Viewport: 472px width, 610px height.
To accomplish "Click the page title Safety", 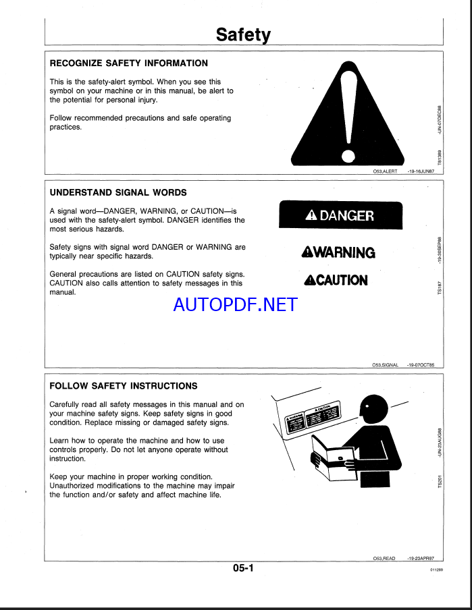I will tap(243, 34).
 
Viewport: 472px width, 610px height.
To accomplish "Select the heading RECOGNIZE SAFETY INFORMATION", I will tap(129, 63).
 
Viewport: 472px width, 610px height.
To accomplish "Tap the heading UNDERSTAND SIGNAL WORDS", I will tap(119, 193).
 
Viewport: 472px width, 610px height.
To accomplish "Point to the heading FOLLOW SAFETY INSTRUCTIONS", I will tap(124, 386).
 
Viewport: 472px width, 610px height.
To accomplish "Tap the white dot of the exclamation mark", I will tap(348, 157).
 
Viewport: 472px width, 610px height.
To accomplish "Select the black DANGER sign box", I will tap(340, 216).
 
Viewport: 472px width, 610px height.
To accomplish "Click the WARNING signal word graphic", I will tap(338, 252).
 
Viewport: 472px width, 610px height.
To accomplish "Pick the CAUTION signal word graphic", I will tap(336, 280).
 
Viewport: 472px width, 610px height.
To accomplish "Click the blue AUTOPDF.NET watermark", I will tap(235, 304).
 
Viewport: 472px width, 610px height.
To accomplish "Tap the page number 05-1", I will tap(243, 568).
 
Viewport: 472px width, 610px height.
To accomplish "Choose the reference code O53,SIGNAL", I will tap(386, 364).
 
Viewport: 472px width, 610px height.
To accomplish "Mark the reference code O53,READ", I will tap(384, 558).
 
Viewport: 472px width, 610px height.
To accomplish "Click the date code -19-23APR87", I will tap(421, 558).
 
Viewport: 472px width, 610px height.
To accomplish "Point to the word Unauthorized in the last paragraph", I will tap(78, 485).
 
